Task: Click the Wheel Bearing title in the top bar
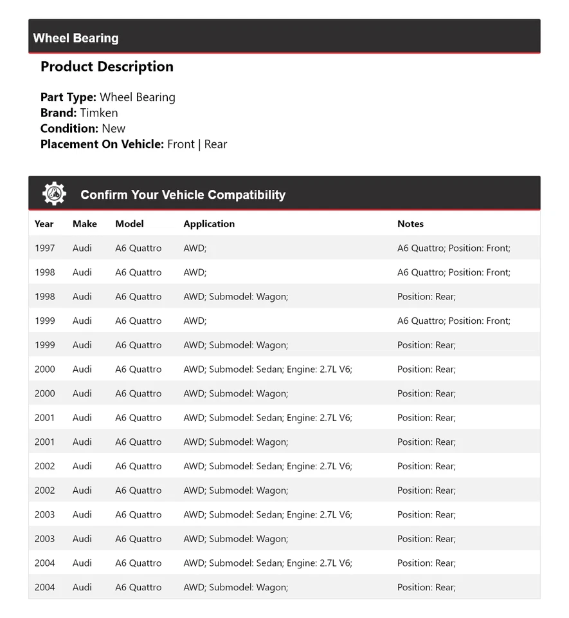pos(76,38)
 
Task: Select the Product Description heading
pos(107,67)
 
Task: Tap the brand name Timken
pos(99,113)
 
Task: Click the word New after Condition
pos(114,129)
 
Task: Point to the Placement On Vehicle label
pos(102,144)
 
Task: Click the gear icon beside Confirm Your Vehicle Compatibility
pos(54,194)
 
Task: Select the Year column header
pos(44,224)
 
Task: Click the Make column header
pos(85,224)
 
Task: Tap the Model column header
pos(129,224)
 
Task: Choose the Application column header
pos(209,224)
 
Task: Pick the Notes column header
pos(410,224)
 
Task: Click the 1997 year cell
pos(45,248)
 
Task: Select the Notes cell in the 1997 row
pos(453,248)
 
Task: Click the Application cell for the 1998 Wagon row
pos(235,297)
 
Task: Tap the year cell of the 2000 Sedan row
pos(45,370)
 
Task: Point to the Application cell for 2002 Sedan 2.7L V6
pos(267,466)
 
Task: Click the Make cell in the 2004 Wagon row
pos(82,587)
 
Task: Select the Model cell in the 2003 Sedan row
pos(138,514)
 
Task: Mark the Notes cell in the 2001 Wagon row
pos(426,442)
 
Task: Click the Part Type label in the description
pos(68,98)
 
